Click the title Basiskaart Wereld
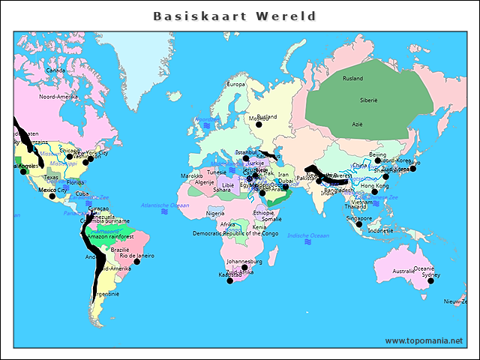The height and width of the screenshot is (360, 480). coord(235,16)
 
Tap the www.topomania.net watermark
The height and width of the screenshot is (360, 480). coord(424,340)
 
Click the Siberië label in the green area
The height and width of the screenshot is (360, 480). coord(369,100)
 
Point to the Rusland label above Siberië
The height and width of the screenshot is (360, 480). coord(352,79)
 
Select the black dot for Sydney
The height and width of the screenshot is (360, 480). coord(431,280)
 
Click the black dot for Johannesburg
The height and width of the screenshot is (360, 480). coord(244,268)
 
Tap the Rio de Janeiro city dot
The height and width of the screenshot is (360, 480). coord(137,262)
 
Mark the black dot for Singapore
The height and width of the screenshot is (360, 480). coord(358,224)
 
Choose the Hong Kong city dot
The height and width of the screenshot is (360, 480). coord(374,191)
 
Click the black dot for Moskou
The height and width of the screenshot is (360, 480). coord(259,124)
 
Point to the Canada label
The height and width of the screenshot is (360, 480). coord(55,70)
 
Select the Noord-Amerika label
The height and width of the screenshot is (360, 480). coord(58,97)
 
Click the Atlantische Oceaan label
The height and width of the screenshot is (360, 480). coord(165,205)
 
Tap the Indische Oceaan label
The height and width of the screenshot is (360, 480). coord(308,235)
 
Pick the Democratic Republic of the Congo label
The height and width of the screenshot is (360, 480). coord(235,233)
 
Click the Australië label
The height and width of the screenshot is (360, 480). coord(403,271)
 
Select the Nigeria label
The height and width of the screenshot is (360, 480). coord(215,214)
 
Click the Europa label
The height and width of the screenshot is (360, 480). coord(235,84)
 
